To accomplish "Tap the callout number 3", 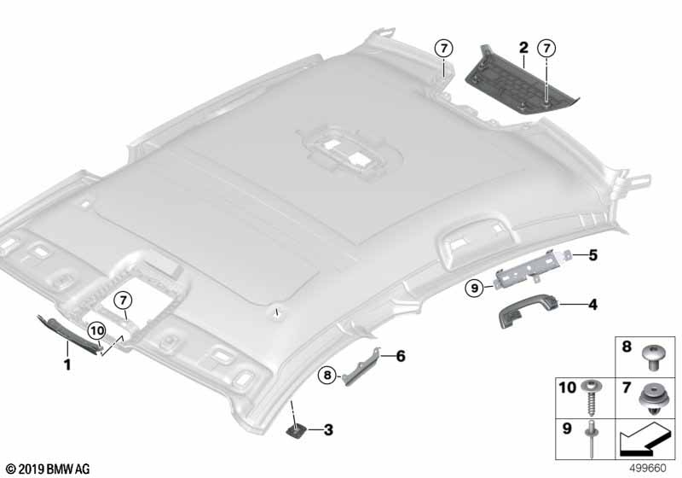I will (328, 429).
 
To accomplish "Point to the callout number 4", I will (592, 304).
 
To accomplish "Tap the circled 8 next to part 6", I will (326, 373).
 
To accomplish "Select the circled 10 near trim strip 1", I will (96, 330).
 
